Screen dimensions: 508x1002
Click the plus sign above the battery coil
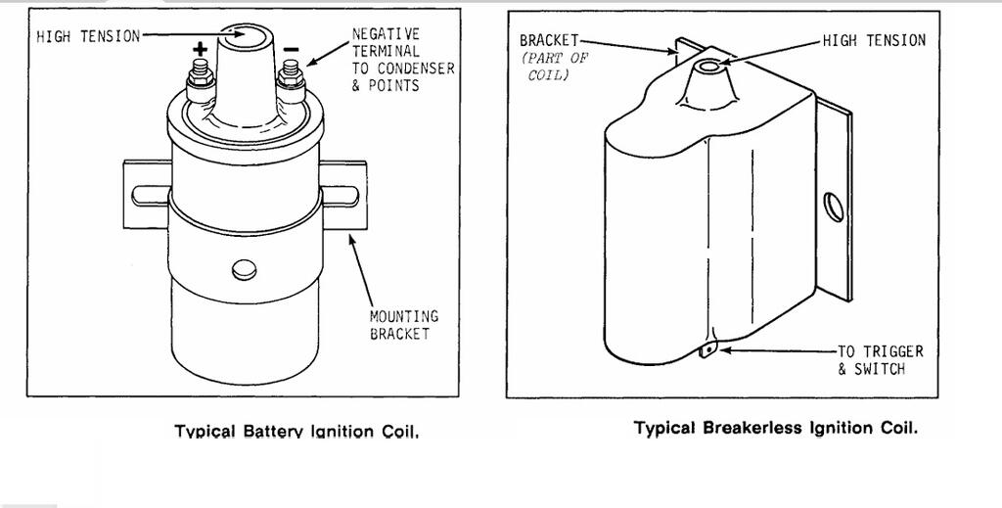pos(201,47)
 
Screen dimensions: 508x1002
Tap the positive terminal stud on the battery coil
pos(200,74)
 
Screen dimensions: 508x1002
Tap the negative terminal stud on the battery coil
pos(290,74)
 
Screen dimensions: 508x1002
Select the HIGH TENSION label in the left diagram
pos(88,37)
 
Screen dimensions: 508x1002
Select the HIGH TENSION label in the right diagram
pos(873,40)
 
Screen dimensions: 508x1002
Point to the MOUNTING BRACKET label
pos(403,325)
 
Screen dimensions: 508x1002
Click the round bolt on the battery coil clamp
pos(244,270)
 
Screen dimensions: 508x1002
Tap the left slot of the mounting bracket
pos(147,199)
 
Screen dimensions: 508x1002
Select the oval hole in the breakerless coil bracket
pos(833,207)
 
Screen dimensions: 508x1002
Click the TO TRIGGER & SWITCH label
pos(880,359)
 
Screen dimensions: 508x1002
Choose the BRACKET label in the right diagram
pos(549,40)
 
